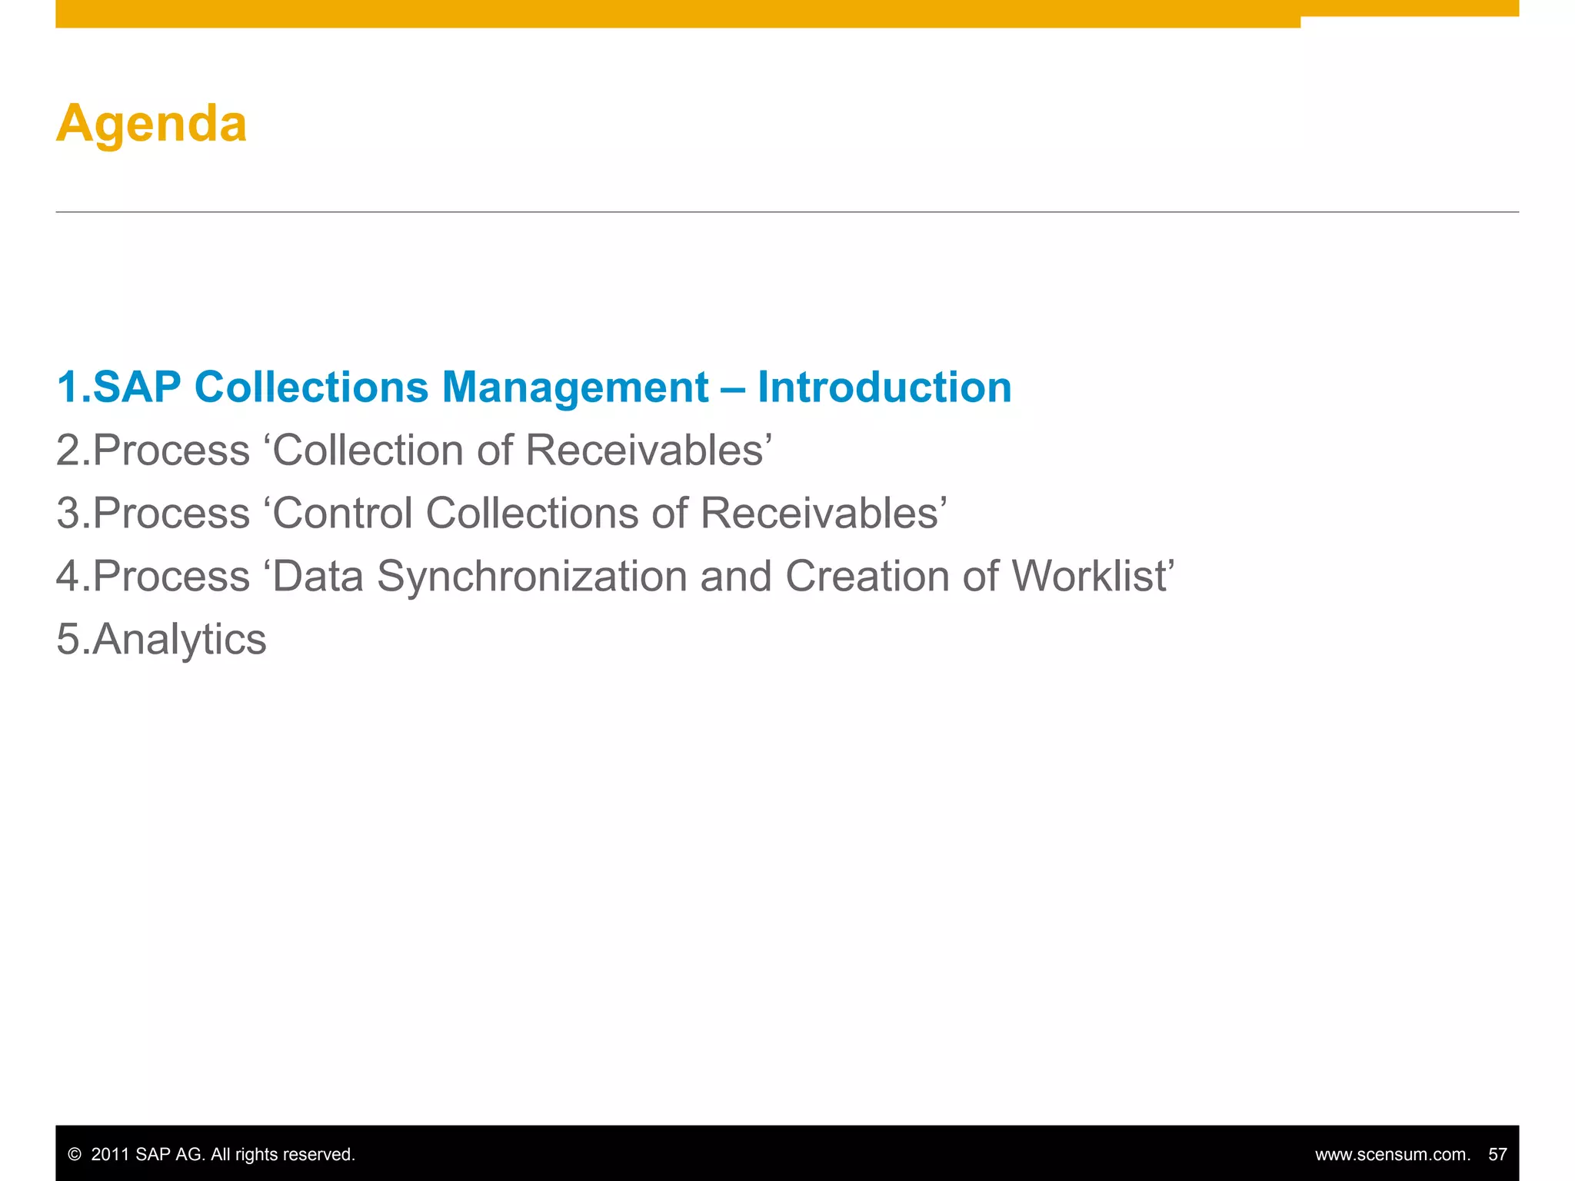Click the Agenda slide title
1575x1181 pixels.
click(x=152, y=124)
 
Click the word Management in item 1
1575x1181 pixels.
click(x=574, y=387)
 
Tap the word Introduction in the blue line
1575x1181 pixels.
click(x=884, y=387)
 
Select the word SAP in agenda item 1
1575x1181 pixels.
click(x=137, y=387)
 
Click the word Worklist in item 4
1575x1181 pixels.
click(x=1089, y=576)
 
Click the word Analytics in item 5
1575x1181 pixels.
click(x=179, y=640)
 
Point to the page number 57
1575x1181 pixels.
click(x=1497, y=1155)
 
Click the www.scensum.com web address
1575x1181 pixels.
click(x=1392, y=1155)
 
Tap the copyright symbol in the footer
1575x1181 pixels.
click(x=75, y=1155)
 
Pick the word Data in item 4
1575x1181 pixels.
click(x=318, y=576)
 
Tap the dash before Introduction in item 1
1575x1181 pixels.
click(x=733, y=388)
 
